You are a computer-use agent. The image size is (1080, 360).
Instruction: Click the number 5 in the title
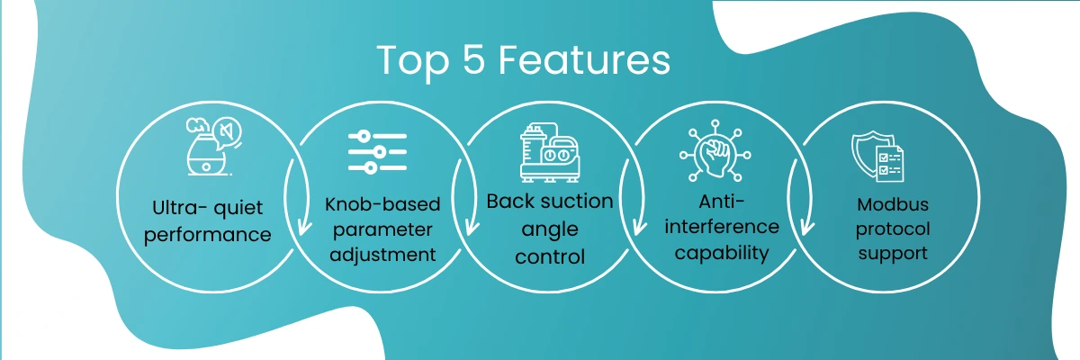point(473,59)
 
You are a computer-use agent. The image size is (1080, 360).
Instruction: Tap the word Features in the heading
point(584,59)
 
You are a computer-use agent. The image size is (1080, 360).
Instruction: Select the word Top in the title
point(413,63)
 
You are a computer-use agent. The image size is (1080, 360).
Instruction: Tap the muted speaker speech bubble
point(227,132)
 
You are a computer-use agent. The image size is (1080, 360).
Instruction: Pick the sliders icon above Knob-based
point(377,152)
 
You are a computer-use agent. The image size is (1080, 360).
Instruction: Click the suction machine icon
point(550,152)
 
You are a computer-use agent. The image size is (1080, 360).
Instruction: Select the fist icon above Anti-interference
point(715,151)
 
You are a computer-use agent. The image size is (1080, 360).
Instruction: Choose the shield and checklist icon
point(878,157)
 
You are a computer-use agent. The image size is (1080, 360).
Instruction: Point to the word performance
point(208,235)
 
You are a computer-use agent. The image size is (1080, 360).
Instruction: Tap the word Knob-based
point(382,204)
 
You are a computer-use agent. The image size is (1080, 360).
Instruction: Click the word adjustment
point(382,255)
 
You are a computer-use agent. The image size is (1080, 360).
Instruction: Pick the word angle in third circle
point(550,229)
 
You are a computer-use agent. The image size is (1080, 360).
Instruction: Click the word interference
point(722,227)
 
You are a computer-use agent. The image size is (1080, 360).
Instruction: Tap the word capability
point(722,253)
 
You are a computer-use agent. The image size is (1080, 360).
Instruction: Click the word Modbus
point(893,204)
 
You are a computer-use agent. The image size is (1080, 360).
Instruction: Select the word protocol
point(893,229)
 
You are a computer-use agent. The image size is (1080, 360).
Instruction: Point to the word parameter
point(382,229)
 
